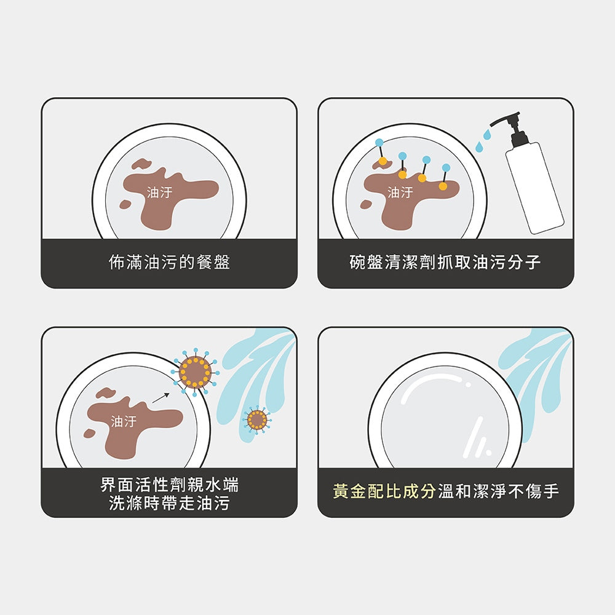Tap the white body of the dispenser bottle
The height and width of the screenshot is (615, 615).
534,188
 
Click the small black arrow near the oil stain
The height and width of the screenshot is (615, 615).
161,398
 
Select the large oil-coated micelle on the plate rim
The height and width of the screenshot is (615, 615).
195,372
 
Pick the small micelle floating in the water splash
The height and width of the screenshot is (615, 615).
257,419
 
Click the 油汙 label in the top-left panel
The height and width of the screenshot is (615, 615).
160,192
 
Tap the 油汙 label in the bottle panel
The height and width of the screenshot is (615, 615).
400,192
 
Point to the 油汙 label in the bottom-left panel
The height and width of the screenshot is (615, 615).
124,422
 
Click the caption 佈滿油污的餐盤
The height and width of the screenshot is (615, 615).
170,262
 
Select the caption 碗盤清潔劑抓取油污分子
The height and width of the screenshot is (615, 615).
445,262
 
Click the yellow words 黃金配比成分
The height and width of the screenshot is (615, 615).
384,491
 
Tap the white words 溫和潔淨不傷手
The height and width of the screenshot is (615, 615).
498,491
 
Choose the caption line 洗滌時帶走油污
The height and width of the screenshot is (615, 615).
170,503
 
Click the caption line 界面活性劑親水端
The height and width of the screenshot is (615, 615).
170,485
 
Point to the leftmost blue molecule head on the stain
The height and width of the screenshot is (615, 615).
379,143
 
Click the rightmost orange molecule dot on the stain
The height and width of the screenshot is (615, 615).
443,186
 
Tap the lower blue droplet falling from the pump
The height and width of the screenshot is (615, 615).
479,147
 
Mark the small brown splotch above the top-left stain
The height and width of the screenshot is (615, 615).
141,164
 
